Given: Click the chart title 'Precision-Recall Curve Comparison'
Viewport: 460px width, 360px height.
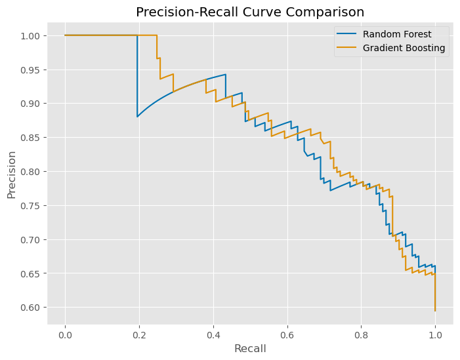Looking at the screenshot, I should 249,12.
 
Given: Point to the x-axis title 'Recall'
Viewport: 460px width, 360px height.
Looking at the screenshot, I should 249,349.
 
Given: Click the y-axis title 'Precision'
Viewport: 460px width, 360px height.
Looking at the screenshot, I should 12,174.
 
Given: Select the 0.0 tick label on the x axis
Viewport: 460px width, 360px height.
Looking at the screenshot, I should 65,334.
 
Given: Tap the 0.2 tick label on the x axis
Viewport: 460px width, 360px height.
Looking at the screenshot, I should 139,334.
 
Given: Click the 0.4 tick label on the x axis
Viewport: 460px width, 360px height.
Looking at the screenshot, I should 213,334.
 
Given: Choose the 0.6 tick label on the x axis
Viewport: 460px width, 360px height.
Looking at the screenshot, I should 287,334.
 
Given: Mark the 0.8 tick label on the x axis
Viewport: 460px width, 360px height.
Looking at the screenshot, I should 361,334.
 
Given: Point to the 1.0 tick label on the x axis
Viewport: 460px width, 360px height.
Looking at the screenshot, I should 435,334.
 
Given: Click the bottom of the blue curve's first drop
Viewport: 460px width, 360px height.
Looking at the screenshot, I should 137,117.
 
